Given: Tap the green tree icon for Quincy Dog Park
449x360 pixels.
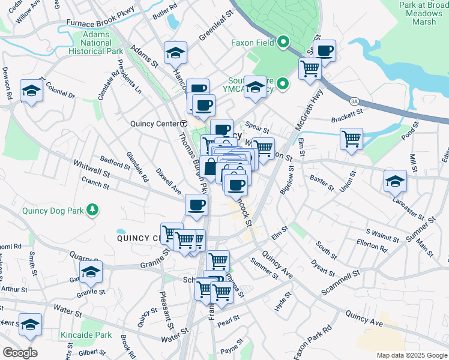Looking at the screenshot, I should (92, 209).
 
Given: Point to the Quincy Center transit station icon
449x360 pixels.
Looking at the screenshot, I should (184, 124).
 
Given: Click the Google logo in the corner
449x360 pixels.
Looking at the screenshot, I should (20, 352).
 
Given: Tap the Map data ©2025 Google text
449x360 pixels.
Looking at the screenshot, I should (412, 355).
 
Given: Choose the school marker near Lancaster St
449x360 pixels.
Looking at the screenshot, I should (395, 181).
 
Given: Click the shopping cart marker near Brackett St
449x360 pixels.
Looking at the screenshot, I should (351, 139).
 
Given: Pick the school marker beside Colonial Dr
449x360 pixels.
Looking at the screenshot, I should (31, 91).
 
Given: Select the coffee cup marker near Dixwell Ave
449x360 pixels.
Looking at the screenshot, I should (196, 205).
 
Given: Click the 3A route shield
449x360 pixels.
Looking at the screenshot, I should (355, 101).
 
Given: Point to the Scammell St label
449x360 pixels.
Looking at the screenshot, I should (339, 281).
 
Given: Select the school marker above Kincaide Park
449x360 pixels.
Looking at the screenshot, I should (30, 325).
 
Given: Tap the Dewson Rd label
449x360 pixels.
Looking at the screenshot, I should (7, 83).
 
